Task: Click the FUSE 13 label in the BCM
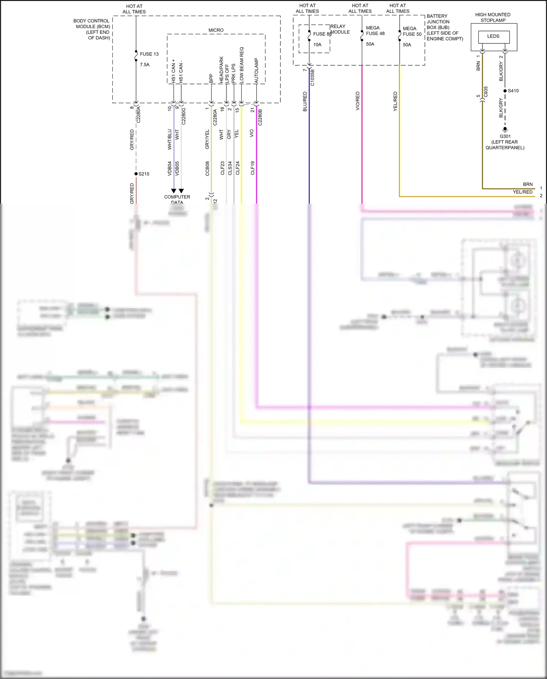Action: pos(149,54)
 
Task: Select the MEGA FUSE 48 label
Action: pos(375,31)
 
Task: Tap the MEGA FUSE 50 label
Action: pos(412,31)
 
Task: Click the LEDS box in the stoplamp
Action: pos(493,36)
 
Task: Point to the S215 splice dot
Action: pos(136,174)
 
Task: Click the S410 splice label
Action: pos(513,91)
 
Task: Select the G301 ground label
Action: pos(505,136)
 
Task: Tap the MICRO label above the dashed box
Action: pos(216,30)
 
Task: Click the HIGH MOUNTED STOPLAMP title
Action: pos(493,18)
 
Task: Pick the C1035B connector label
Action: pos(313,78)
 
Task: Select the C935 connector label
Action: pos(486,92)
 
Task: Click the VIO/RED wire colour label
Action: pos(358,101)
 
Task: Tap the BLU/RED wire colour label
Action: pos(305,101)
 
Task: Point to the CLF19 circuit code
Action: pos(252,168)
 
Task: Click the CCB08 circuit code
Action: pos(207,169)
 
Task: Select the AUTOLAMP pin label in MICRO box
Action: pos(256,70)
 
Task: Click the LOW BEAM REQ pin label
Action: pos(241,64)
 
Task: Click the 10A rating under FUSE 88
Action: pos(317,45)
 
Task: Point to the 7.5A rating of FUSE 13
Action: pos(144,65)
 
